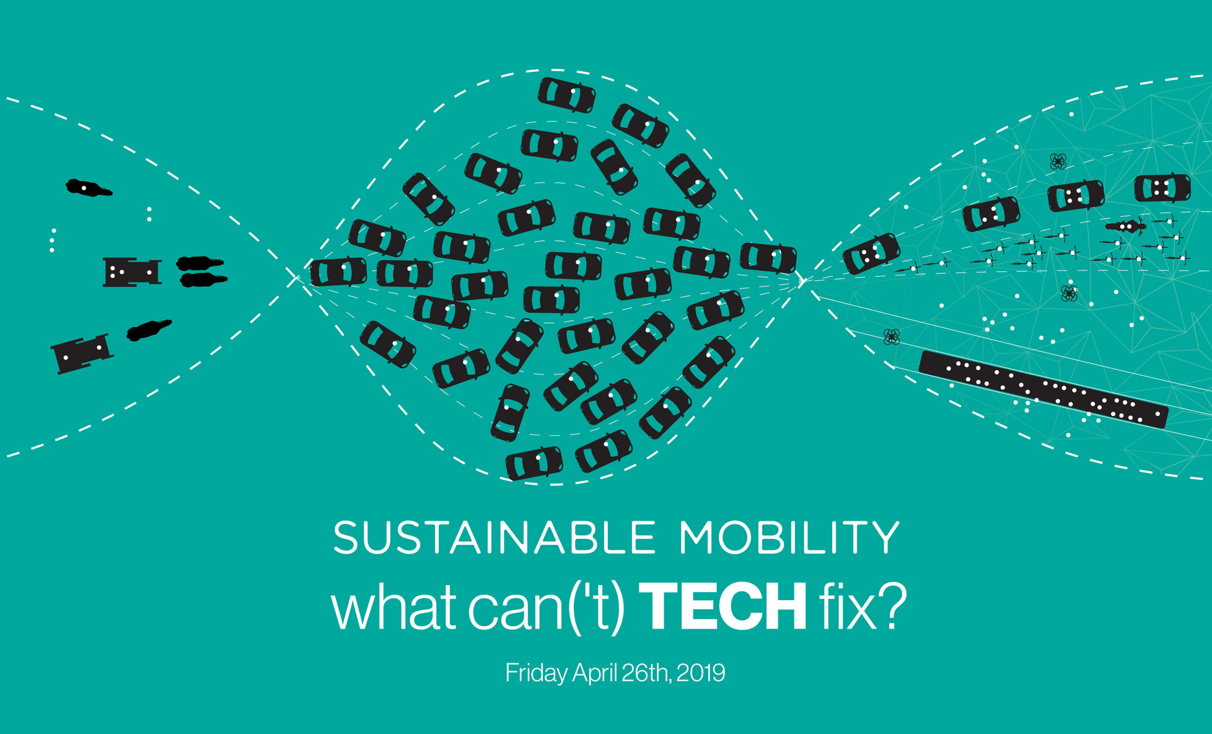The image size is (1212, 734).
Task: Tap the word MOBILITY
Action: pyautogui.click(x=789, y=537)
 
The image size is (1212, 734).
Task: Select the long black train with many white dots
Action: pyautogui.click(x=1043, y=389)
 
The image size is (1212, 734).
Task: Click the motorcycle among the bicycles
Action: pyautogui.click(x=1125, y=226)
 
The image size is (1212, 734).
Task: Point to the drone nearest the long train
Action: pyautogui.click(x=891, y=337)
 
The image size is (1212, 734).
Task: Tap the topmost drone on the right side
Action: pyautogui.click(x=1058, y=162)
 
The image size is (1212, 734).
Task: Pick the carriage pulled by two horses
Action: pyautogui.click(x=132, y=272)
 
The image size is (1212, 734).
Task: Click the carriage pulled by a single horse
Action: pyautogui.click(x=82, y=354)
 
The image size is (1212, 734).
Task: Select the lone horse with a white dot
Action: pyautogui.click(x=89, y=188)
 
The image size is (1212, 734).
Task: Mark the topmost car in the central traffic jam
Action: pyautogui.click(x=566, y=95)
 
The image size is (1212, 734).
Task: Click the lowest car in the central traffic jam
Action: pyautogui.click(x=534, y=463)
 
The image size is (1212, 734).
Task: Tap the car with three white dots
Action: pyautogui.click(x=871, y=254)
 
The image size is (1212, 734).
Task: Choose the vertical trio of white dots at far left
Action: pyautogui.click(x=53, y=241)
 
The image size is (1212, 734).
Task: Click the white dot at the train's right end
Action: pyautogui.click(x=1157, y=413)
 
